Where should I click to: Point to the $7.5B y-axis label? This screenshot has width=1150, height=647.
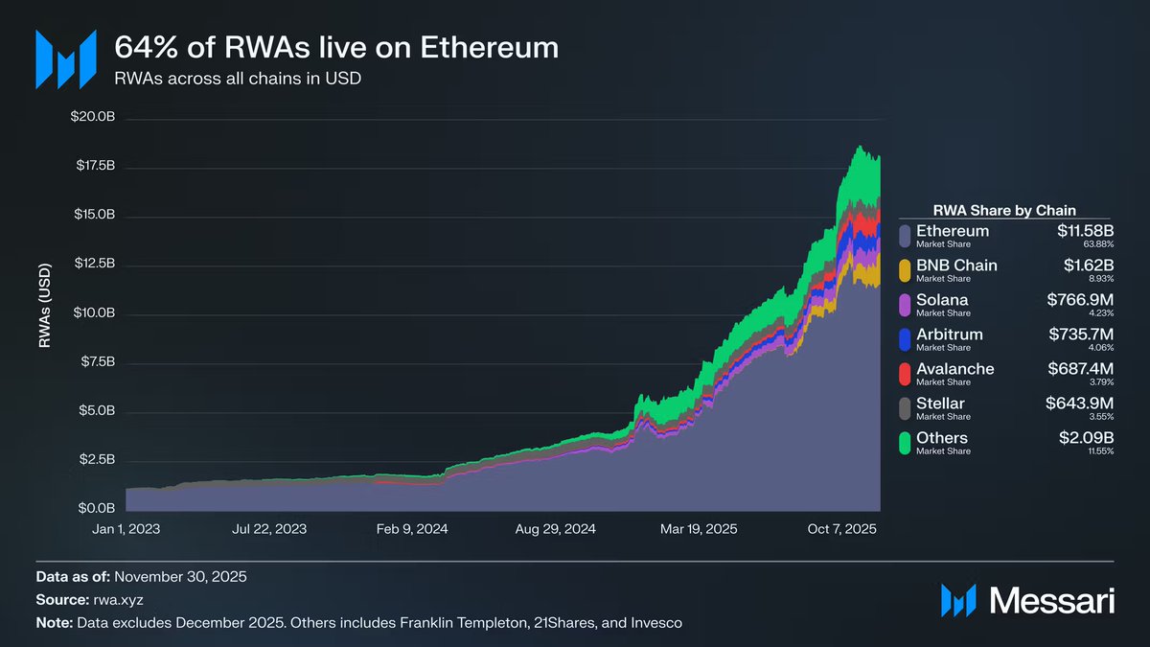97,362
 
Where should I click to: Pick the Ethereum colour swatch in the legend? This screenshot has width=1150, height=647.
905,236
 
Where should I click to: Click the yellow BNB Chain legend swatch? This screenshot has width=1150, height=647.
905,270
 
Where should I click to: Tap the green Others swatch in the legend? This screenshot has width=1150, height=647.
905,443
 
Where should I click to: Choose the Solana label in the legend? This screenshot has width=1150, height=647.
942,300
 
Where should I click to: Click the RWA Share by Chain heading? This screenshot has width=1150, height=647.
1003,210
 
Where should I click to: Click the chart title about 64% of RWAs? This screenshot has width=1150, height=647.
336,47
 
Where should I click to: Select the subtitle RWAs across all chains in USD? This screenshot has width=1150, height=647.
238,79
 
